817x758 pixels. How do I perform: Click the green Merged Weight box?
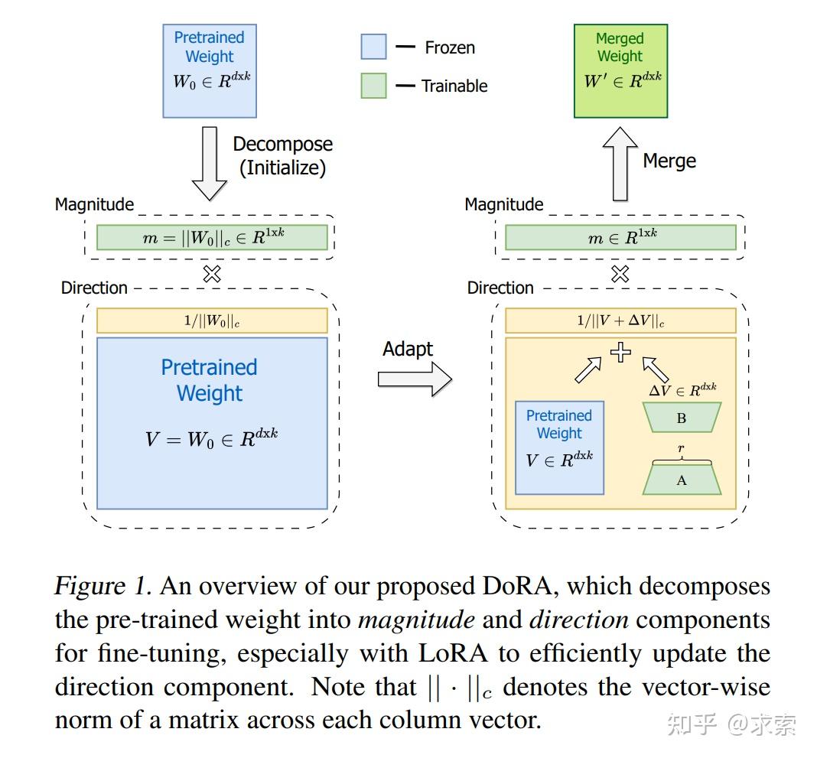tap(620, 70)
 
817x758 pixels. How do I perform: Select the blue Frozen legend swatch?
tap(374, 47)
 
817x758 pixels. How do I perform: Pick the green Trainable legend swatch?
tap(374, 85)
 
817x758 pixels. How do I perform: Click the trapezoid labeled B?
tap(682, 418)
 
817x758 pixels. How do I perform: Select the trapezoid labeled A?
tap(682, 480)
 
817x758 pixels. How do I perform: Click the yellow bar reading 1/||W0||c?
tap(212, 320)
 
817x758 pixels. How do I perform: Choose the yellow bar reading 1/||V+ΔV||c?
tap(620, 320)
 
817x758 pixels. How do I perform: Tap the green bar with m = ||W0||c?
tap(212, 238)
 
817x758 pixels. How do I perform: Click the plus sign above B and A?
tap(620, 353)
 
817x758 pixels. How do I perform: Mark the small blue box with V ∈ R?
tap(559, 447)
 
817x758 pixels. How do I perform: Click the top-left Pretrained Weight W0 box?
tap(209, 70)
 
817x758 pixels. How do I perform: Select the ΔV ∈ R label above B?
tap(682, 390)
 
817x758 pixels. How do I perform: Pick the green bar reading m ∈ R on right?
tap(620, 238)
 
